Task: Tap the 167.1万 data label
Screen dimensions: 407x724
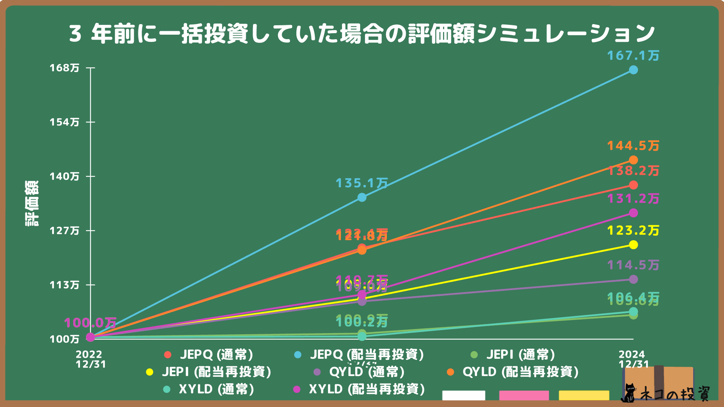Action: [633, 56]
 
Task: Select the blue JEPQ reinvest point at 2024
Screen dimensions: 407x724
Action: [633, 70]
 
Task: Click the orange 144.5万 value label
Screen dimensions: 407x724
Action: [633, 146]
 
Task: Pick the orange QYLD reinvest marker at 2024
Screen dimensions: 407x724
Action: [633, 160]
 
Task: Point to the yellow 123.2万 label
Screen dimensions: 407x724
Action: [633, 231]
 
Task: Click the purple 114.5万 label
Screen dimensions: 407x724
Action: [633, 265]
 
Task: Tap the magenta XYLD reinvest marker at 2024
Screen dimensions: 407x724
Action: [633, 213]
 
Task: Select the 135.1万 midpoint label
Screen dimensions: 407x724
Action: [362, 184]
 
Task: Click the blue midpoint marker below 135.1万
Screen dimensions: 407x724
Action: [362, 197]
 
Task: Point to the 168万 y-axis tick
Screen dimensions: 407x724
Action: [64, 68]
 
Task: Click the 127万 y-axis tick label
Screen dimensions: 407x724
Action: [64, 231]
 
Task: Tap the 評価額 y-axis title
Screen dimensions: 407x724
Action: [32, 203]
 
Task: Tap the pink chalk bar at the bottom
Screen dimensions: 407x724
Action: [524, 395]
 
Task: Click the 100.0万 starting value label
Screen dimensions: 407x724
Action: [90, 323]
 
